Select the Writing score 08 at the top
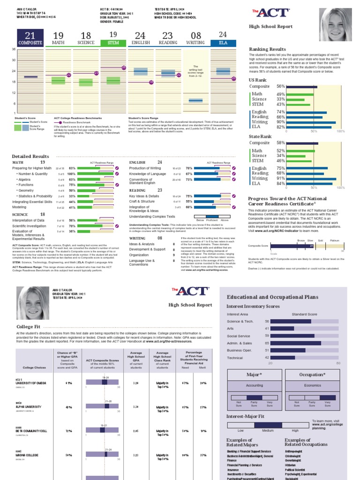[x=195, y=36]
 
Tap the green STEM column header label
[x=113, y=43]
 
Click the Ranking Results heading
[x=267, y=49]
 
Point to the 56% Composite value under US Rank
[x=281, y=87]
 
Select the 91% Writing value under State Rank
[x=281, y=178]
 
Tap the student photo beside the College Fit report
[x=33, y=303]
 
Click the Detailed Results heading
[x=30, y=156]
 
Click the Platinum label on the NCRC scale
[x=334, y=240]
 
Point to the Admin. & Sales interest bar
[x=296, y=343]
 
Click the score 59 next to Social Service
[x=267, y=336]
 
